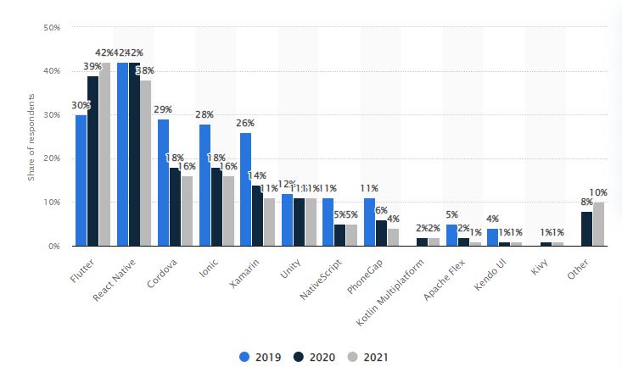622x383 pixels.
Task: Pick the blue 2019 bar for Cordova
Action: (x=163, y=182)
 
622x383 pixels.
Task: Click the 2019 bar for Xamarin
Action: (x=245, y=189)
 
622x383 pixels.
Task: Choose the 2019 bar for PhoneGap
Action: (x=368, y=222)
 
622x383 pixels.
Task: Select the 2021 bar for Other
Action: (x=599, y=224)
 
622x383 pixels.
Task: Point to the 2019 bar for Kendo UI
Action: (x=492, y=237)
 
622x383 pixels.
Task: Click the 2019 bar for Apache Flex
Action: (x=451, y=235)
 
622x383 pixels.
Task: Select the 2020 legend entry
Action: (x=311, y=357)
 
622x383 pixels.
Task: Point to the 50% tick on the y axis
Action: (x=50, y=27)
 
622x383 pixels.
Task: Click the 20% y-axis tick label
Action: (x=50, y=158)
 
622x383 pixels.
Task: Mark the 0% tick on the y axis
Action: (x=53, y=246)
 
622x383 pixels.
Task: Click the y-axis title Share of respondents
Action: (x=31, y=138)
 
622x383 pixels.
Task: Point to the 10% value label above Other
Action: (x=599, y=193)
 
